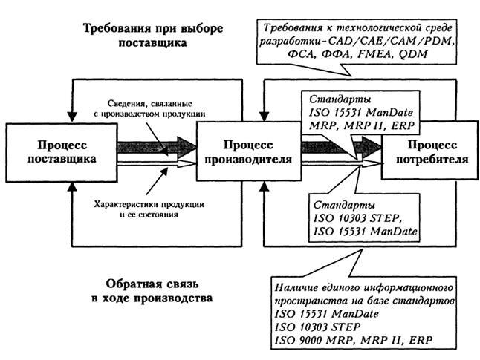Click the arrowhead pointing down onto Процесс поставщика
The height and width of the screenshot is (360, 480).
[x=70, y=118]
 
